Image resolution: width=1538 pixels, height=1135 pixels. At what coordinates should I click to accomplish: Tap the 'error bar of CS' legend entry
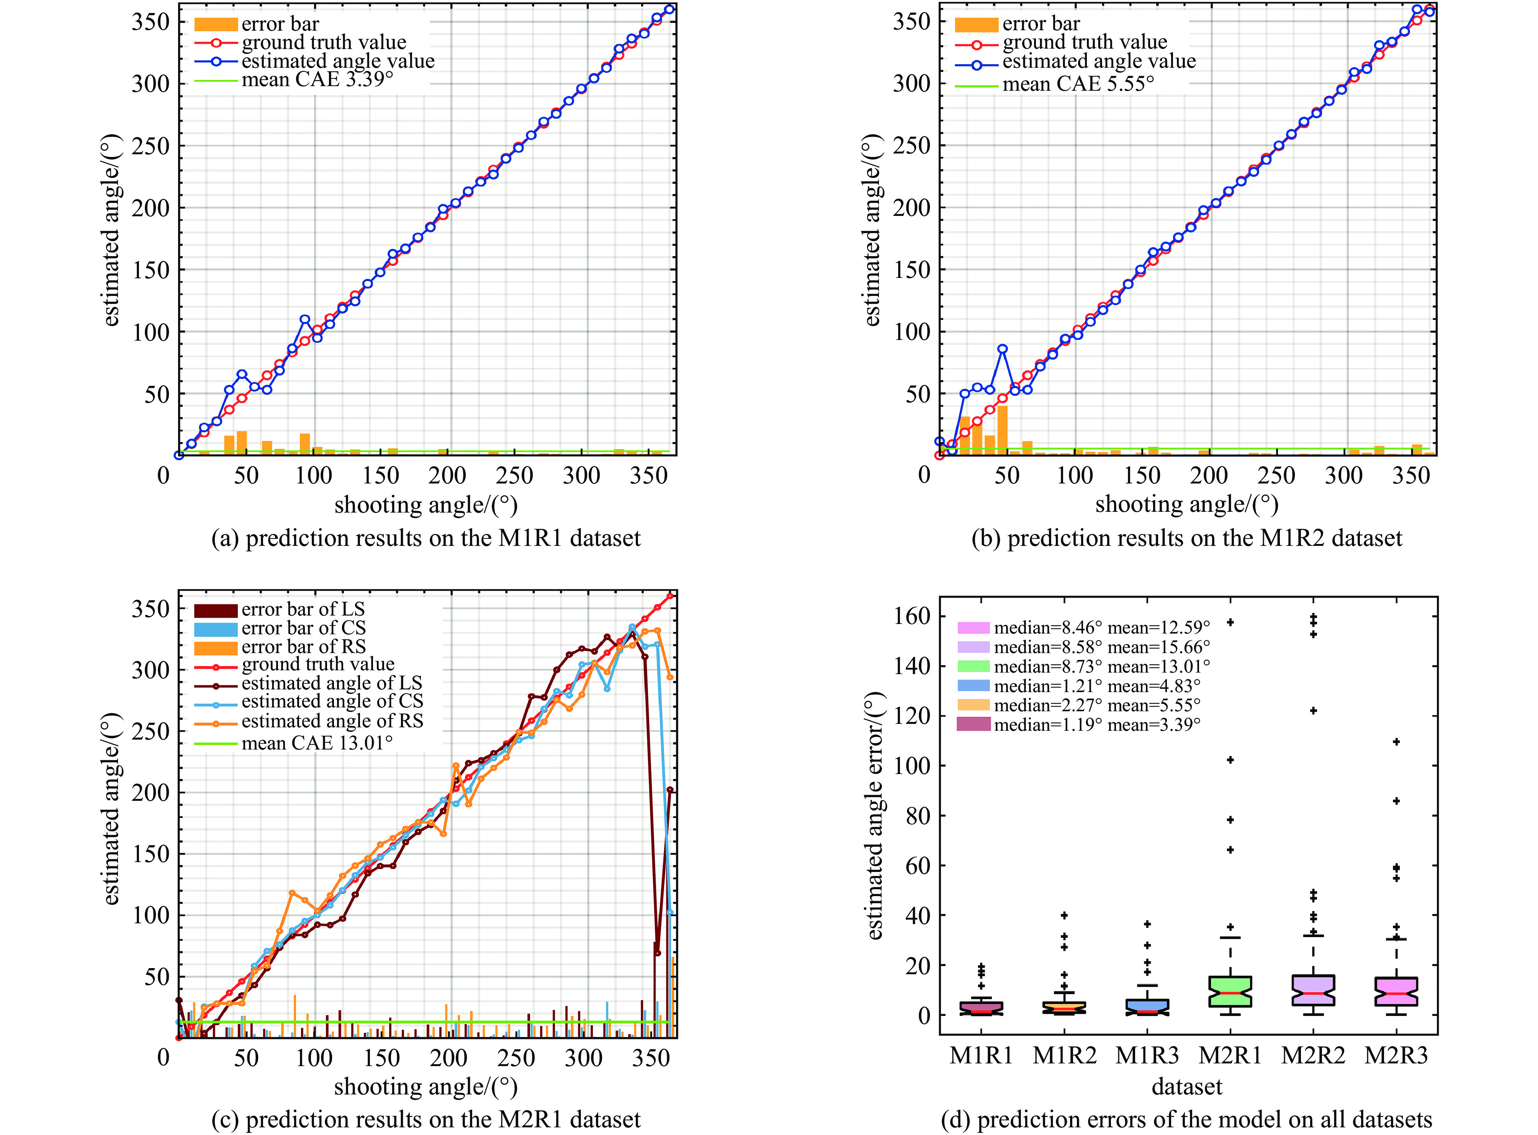point(303,628)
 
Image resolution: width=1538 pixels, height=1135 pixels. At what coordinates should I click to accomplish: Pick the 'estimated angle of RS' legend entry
point(332,721)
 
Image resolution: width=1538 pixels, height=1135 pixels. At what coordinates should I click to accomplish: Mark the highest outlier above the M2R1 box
point(1230,622)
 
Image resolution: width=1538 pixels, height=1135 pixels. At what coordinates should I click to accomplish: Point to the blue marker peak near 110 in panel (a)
point(304,320)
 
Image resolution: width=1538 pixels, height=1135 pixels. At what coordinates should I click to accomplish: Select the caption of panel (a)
point(425,538)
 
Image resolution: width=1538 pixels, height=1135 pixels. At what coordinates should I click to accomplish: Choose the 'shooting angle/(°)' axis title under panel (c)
point(425,1087)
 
